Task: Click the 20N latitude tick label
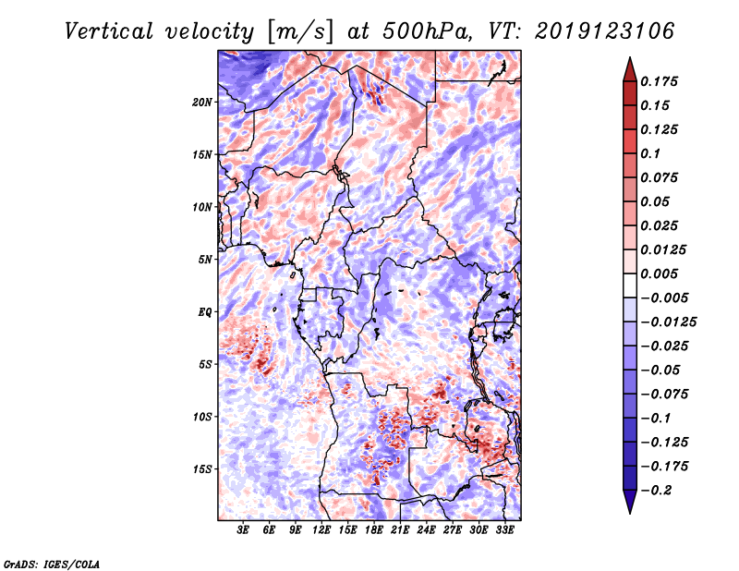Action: point(202,102)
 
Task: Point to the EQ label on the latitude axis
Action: point(205,312)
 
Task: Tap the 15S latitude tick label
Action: point(202,469)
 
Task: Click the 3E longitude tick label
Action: point(244,531)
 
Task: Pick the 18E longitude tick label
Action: point(374,531)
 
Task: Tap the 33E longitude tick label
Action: point(504,531)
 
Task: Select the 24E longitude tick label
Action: point(426,531)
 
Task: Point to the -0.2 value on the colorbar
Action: point(658,490)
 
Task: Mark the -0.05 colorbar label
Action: point(661,370)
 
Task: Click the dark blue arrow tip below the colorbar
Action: point(628,506)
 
